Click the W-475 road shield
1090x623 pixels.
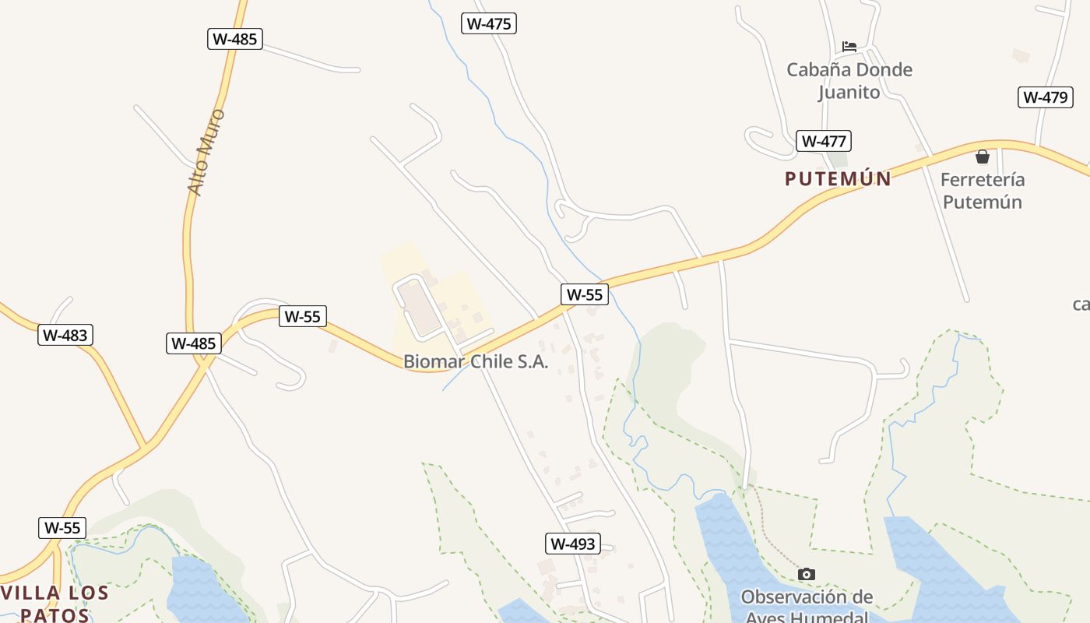pyautogui.click(x=488, y=23)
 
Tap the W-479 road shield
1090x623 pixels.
pyautogui.click(x=1045, y=97)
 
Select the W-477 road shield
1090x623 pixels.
pyautogui.click(x=823, y=141)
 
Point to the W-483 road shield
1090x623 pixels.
pyautogui.click(x=65, y=335)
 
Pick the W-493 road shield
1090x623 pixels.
pyautogui.click(x=572, y=544)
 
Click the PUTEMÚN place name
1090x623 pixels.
pyautogui.click(x=838, y=179)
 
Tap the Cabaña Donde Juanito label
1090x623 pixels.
pyautogui.click(x=849, y=81)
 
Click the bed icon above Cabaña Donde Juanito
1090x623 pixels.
pyautogui.click(x=849, y=47)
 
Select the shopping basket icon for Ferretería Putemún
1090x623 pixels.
pyautogui.click(x=983, y=157)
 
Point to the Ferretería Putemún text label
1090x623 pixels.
pyautogui.click(x=982, y=191)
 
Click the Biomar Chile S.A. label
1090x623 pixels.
pyautogui.click(x=476, y=362)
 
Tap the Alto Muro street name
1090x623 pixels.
pyautogui.click(x=206, y=152)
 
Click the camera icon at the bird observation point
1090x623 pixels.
pyautogui.click(x=807, y=574)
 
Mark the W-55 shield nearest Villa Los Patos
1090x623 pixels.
pyautogui.click(x=62, y=527)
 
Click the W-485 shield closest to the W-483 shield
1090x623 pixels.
pyautogui.click(x=193, y=343)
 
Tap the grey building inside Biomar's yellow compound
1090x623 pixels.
pyautogui.click(x=420, y=308)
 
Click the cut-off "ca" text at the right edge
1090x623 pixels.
pyautogui.click(x=1081, y=304)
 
